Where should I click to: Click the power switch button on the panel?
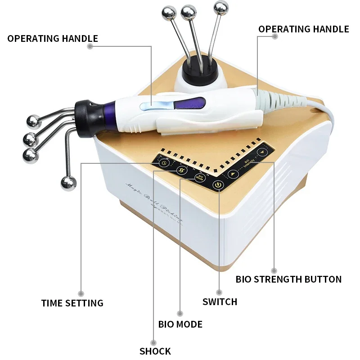click(x=218, y=184)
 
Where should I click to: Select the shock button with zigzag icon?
click(x=181, y=170)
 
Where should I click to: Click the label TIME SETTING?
click(x=72, y=303)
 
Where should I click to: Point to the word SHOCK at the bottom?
click(x=155, y=351)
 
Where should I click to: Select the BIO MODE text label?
click(x=180, y=324)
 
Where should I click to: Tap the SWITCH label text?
click(x=220, y=301)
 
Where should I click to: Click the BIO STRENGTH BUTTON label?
click(x=288, y=279)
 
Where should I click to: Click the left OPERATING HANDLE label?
click(x=53, y=38)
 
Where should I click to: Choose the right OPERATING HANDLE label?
click(x=303, y=29)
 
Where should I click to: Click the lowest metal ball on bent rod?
click(x=68, y=184)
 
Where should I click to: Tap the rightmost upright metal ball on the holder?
click(x=220, y=8)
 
